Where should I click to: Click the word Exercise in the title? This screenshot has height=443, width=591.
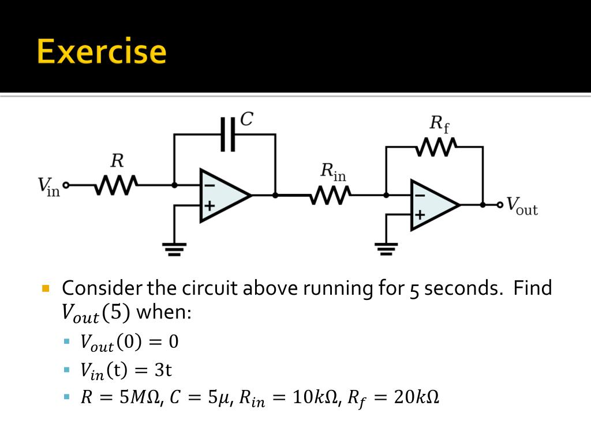click(102, 51)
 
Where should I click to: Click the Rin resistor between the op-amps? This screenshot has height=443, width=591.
click(330, 196)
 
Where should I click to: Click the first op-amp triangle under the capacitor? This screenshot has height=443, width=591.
click(222, 195)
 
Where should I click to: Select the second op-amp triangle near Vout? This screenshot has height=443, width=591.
click(432, 205)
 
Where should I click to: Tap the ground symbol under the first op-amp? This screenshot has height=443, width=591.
click(174, 249)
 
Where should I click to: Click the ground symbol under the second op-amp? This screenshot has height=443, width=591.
click(386, 249)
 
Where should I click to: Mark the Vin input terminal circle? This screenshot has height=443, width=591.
click(66, 185)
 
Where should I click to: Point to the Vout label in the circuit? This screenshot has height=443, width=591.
click(522, 206)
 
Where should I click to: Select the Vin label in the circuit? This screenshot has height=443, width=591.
click(48, 186)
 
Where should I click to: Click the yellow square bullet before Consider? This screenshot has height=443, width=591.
click(47, 287)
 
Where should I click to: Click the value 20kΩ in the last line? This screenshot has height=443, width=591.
click(416, 397)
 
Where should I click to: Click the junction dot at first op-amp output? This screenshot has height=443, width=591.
click(275, 195)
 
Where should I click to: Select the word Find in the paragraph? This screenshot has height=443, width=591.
click(532, 287)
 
